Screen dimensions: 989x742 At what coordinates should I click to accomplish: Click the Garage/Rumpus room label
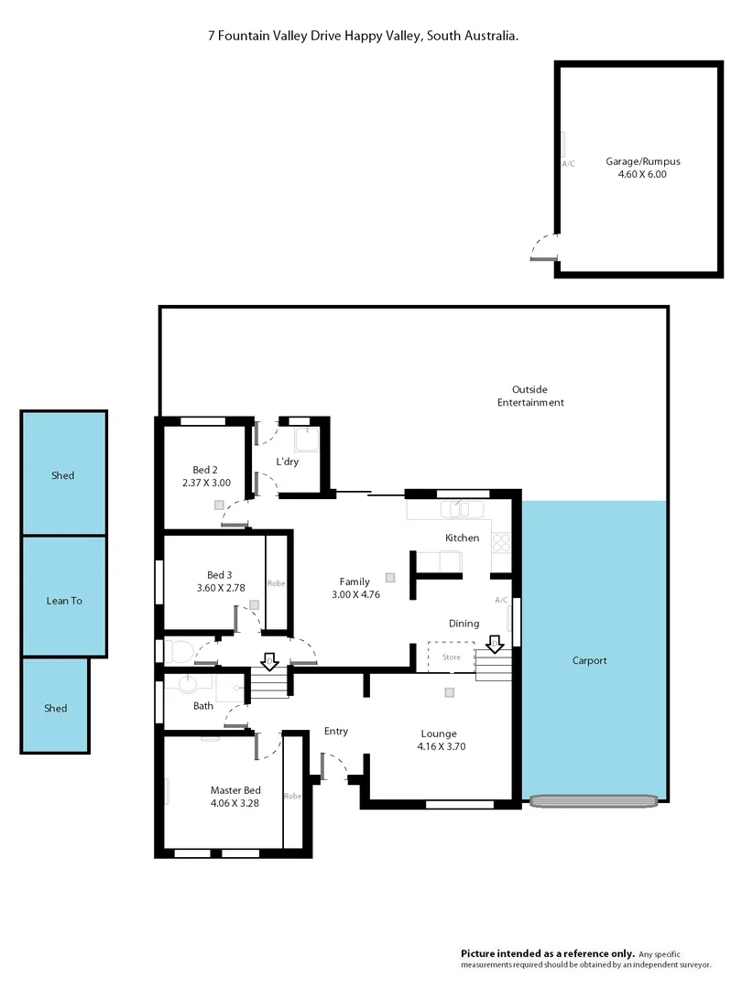[642, 161]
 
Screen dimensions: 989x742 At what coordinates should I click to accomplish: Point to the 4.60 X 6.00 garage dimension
[642, 173]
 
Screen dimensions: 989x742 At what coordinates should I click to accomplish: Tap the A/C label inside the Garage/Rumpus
[568, 164]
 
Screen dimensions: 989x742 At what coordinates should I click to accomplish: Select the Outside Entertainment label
[530, 396]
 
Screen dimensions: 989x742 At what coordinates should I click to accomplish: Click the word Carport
[590, 660]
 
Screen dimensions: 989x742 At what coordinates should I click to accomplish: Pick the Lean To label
[64, 601]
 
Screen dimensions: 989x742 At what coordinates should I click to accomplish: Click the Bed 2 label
[205, 469]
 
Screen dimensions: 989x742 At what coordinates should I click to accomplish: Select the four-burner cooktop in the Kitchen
[502, 542]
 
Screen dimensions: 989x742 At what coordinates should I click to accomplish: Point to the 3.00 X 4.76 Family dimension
[355, 594]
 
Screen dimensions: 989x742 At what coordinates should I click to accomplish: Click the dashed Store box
[451, 657]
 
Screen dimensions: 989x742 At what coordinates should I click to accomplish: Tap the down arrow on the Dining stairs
[495, 645]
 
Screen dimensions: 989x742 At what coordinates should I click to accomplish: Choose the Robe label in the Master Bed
[292, 795]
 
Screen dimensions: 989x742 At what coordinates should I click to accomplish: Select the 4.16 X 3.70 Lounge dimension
[439, 746]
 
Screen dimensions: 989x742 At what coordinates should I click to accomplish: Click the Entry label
[336, 731]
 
